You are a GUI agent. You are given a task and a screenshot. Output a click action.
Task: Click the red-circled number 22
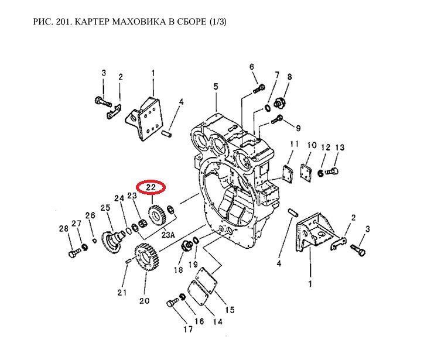pyautogui.click(x=151, y=188)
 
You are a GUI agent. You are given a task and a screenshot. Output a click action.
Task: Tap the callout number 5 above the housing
pyautogui.click(x=215, y=87)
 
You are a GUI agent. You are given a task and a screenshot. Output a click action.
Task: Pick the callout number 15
pyautogui.click(x=230, y=310)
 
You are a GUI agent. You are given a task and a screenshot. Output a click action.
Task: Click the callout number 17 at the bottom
pyautogui.click(x=187, y=330)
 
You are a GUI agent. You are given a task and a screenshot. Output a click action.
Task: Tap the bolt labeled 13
pyautogui.click(x=333, y=172)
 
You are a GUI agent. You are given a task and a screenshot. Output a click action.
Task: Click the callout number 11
pyautogui.click(x=294, y=144)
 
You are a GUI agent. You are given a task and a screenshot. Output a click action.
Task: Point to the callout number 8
pyautogui.click(x=289, y=76)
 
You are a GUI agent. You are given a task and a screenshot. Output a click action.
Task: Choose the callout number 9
pyautogui.click(x=298, y=128)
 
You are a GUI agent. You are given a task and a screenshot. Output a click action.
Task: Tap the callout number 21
pyautogui.click(x=122, y=293)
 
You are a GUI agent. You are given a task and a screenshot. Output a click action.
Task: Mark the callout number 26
pyautogui.click(x=90, y=216)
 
